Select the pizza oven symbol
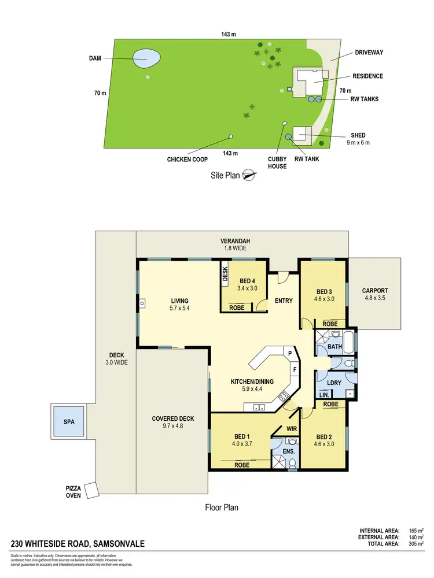91,490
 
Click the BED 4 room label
248,280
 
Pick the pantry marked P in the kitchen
287,353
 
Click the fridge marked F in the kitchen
294,368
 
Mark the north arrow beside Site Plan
249,175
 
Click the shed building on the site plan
303,135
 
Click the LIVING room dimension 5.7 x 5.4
180,309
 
